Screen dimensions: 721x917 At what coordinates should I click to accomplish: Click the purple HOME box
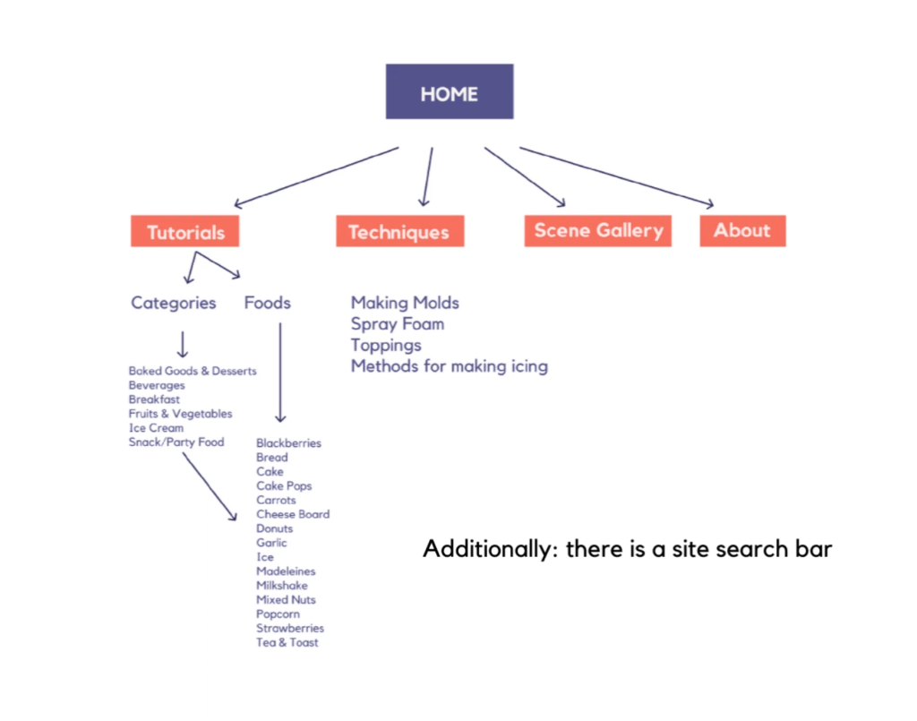click(450, 91)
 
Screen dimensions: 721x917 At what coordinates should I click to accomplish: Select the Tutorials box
click(185, 232)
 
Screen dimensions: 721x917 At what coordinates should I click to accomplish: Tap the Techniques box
click(399, 232)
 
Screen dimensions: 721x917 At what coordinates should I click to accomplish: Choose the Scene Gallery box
click(598, 230)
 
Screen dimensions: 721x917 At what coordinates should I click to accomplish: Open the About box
click(742, 230)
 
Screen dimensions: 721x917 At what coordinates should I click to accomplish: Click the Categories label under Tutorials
click(174, 303)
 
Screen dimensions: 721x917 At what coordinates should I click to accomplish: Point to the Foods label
click(268, 303)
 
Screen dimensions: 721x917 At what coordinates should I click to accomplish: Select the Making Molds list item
click(405, 303)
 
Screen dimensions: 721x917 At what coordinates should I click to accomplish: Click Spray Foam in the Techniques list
click(398, 323)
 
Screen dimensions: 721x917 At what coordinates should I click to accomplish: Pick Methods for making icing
click(449, 365)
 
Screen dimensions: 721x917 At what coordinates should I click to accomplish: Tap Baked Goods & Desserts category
click(193, 371)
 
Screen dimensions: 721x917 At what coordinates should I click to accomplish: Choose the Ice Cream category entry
click(157, 428)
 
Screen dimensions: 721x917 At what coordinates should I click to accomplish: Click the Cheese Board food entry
click(293, 514)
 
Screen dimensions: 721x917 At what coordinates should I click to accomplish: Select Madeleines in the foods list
click(286, 571)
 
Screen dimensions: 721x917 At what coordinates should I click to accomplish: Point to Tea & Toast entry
click(287, 642)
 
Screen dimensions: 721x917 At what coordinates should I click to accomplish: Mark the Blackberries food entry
click(288, 443)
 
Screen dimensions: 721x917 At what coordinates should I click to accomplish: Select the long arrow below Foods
click(280, 372)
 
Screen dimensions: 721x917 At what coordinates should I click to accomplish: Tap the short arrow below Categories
click(183, 344)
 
